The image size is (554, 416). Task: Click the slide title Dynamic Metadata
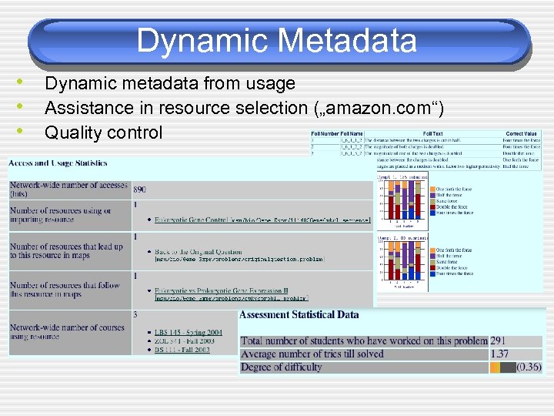(277, 40)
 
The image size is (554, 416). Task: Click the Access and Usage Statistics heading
(58, 163)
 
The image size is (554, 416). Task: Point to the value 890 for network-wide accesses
(140, 189)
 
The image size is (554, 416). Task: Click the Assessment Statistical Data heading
(299, 314)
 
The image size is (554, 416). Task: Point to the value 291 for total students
(498, 341)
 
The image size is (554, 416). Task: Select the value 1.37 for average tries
(500, 354)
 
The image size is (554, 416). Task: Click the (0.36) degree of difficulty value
(529, 367)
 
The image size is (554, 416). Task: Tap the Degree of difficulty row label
(282, 367)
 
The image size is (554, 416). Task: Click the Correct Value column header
(522, 134)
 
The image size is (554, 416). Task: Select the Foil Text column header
(432, 134)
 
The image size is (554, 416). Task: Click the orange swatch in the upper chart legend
(432, 189)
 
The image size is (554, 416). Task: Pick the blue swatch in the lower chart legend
(432, 273)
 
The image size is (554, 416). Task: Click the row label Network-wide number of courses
(67, 332)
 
